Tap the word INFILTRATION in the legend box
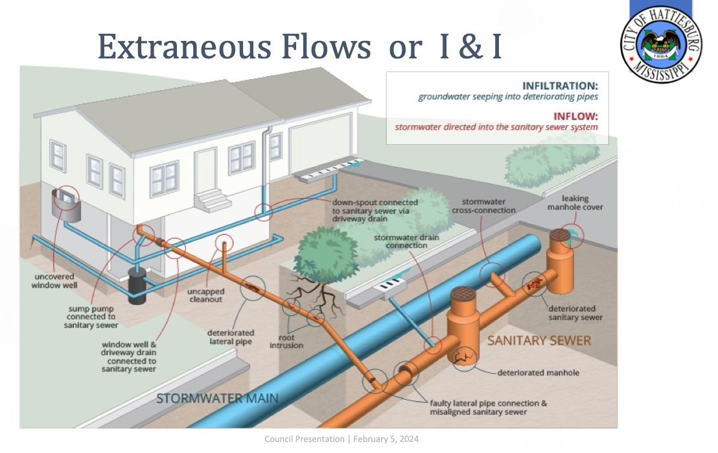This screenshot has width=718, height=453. point(560,86)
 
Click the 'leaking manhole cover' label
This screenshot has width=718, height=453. point(575,202)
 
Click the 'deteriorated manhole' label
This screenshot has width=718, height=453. point(538,373)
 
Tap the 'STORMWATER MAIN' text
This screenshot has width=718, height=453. point(217,398)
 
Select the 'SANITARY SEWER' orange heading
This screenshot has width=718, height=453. point(539,340)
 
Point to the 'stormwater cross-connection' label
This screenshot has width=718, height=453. point(489,206)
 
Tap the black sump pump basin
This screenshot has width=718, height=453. point(138,286)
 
